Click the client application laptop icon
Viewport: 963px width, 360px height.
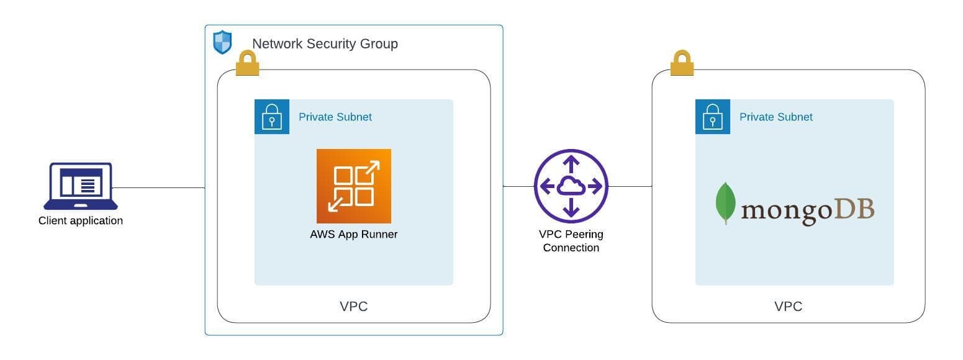point(80,186)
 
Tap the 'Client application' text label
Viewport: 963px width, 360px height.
point(81,220)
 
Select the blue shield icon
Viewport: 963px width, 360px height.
point(222,43)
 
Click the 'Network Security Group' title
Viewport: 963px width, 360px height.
point(325,43)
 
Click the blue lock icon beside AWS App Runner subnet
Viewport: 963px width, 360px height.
point(272,117)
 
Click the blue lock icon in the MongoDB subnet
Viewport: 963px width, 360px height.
point(712,117)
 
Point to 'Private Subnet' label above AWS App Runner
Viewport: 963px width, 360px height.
point(335,117)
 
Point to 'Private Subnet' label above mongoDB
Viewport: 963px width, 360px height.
point(775,117)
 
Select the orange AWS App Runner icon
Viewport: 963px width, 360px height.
point(354,186)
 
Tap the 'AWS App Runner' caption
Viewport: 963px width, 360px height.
point(354,235)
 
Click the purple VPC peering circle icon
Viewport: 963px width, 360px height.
point(571,186)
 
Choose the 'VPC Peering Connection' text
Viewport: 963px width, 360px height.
point(571,241)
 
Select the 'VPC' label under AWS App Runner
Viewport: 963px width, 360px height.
point(354,307)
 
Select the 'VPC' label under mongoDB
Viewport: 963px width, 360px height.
point(788,307)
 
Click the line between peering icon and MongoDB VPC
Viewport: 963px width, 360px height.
point(630,186)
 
